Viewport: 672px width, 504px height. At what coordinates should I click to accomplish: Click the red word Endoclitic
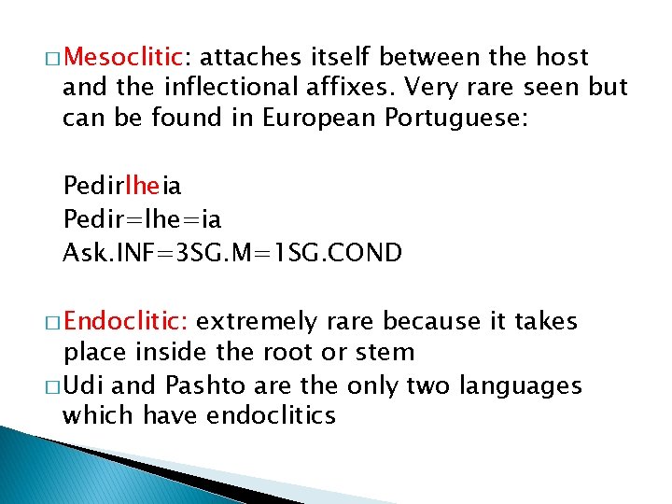point(127,323)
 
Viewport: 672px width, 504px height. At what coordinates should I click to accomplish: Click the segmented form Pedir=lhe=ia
point(142,221)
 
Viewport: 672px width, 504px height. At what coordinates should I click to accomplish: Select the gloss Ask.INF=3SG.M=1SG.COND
point(232,252)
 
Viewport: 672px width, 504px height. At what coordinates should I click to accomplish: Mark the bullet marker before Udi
point(53,386)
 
